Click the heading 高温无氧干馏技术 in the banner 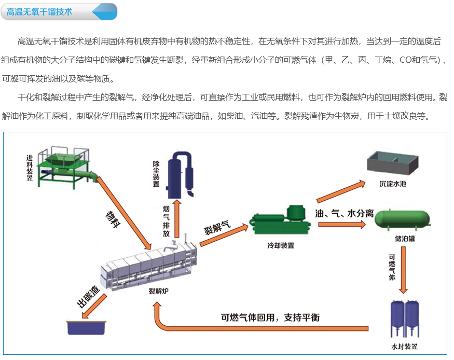(x=39, y=11)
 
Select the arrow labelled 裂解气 (x=223, y=228)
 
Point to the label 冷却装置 (x=280, y=245)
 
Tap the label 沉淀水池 (x=393, y=183)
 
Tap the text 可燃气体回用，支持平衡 (x=270, y=317)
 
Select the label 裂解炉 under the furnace (x=158, y=291)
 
